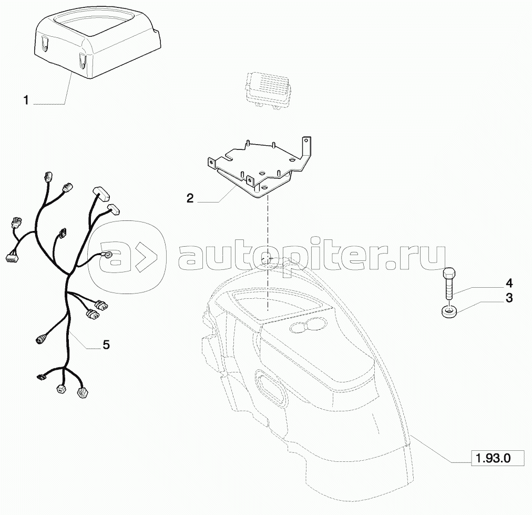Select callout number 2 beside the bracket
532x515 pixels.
click(x=190, y=198)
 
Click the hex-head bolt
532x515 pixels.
click(x=448, y=284)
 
